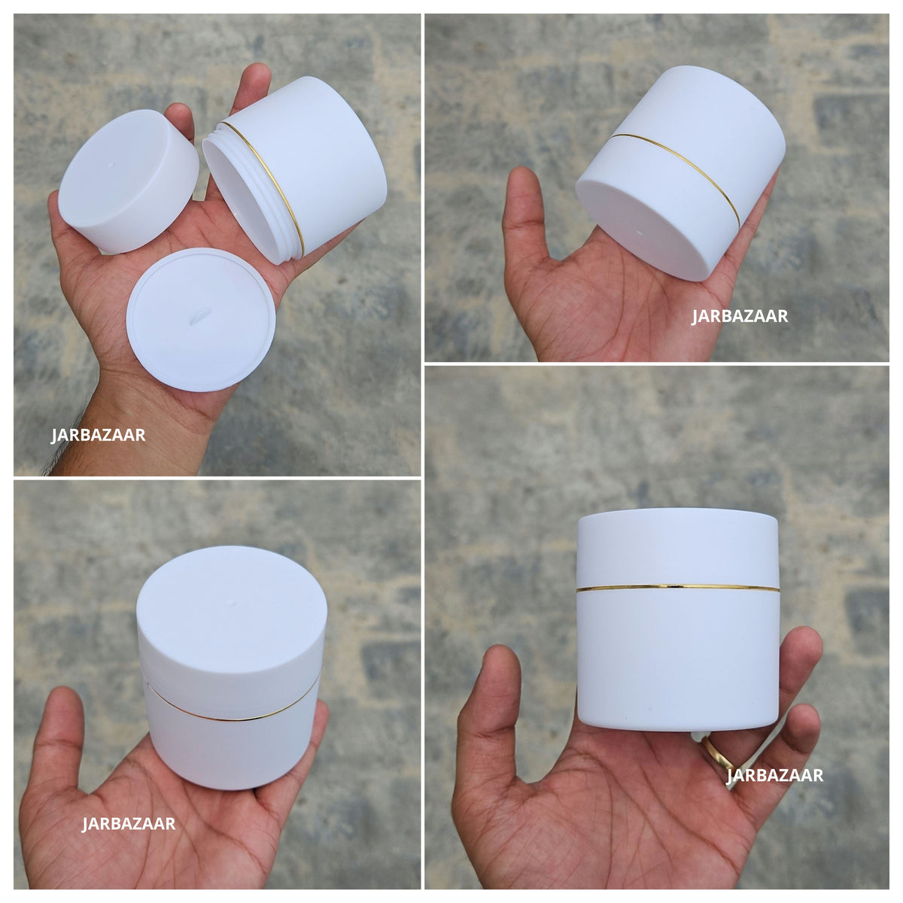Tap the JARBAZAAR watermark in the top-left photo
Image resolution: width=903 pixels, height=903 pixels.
point(98,436)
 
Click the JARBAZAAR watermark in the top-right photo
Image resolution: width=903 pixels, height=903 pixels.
point(740,317)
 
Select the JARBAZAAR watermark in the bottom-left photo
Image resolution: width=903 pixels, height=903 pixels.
point(129,824)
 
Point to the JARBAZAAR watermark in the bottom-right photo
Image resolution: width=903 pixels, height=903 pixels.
point(774,776)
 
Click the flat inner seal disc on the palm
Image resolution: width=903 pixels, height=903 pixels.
point(201,320)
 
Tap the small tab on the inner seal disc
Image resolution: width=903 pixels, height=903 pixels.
point(200,315)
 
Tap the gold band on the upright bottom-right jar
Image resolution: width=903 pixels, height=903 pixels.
point(677,586)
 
